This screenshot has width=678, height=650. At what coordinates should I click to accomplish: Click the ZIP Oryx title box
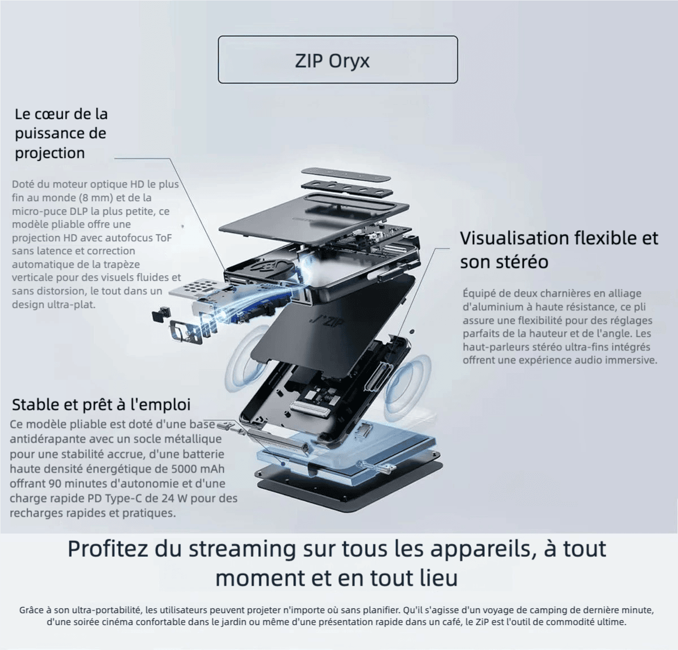(x=338, y=59)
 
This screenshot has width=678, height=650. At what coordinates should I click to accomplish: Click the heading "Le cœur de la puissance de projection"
(x=62, y=133)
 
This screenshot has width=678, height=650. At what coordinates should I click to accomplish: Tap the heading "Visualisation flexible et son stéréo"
(x=559, y=250)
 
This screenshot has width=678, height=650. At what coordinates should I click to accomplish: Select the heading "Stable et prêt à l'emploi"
(x=101, y=404)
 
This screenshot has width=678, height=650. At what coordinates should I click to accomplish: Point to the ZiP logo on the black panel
(x=327, y=321)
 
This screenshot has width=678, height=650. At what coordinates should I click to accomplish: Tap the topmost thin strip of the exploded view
(x=346, y=174)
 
